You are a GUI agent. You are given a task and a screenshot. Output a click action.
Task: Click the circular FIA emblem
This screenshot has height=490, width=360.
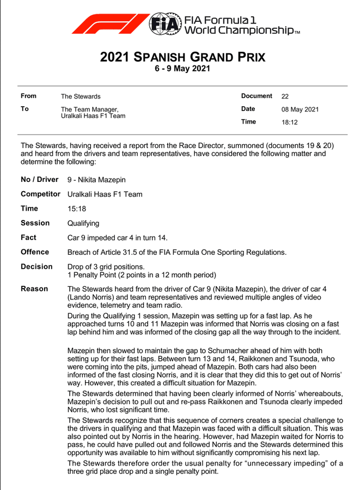coord(166,23)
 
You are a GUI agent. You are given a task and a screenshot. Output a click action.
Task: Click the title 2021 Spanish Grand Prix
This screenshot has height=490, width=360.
coord(183,57)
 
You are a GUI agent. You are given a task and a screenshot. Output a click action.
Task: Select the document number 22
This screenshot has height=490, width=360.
coord(285,96)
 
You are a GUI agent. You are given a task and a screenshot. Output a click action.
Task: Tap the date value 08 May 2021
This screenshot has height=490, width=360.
coord(300,109)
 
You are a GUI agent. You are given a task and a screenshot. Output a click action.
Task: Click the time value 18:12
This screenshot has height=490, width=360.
coord(289,122)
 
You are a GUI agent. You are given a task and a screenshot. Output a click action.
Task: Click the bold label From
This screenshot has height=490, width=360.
coord(28,96)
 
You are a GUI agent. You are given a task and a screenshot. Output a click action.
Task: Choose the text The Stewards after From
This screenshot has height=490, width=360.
coord(81,97)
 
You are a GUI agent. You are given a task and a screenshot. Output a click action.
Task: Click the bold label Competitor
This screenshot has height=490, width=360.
coord(40,194)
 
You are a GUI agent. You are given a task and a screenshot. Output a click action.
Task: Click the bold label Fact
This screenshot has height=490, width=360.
coord(28,237)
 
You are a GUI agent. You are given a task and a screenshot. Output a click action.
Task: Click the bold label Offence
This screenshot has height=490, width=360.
coord(35,252)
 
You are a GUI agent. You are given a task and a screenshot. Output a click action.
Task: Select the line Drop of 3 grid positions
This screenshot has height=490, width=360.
coord(106,267)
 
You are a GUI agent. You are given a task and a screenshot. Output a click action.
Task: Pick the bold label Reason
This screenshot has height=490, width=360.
coord(34,289)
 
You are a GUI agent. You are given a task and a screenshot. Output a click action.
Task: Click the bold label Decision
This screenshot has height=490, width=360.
coord(36,267)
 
